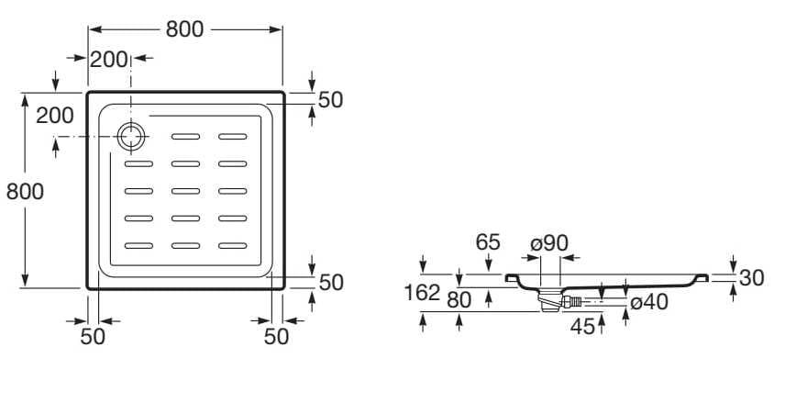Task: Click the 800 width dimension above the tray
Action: pyautogui.click(x=185, y=29)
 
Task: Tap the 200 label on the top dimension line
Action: pyautogui.click(x=109, y=61)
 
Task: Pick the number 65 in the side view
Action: pyautogui.click(x=488, y=242)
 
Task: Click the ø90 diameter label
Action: pyautogui.click(x=549, y=242)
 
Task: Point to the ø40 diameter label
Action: pyautogui.click(x=648, y=300)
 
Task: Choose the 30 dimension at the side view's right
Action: pyautogui.click(x=752, y=277)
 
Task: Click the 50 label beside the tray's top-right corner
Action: pyautogui.click(x=330, y=100)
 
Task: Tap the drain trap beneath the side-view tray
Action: pyautogui.click(x=549, y=299)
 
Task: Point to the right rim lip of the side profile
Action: pyautogui.click(x=702, y=275)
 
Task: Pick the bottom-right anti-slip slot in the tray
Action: pyautogui.click(x=233, y=245)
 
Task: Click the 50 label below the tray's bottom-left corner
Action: pyautogui.click(x=93, y=336)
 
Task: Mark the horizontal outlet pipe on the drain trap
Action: pyautogui.click(x=570, y=300)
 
